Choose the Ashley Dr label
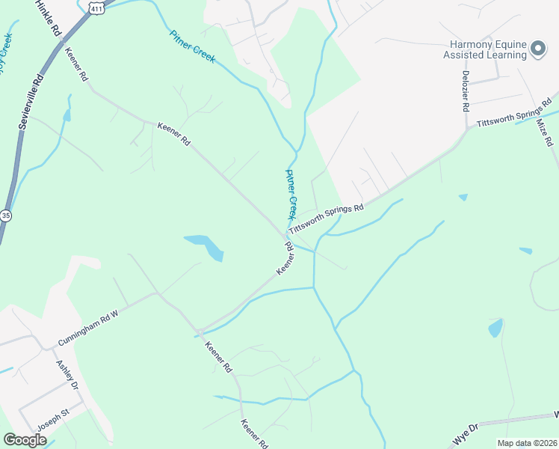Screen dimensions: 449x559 (67, 374)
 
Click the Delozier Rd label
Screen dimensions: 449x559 (465, 90)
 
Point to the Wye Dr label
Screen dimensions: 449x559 (463, 436)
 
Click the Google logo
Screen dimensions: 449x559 (25, 440)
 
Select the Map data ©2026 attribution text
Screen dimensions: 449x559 (527, 443)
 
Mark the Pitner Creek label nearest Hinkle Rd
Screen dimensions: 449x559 (192, 46)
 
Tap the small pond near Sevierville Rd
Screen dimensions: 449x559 (67, 115)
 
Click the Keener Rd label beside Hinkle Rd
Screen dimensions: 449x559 (77, 66)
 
